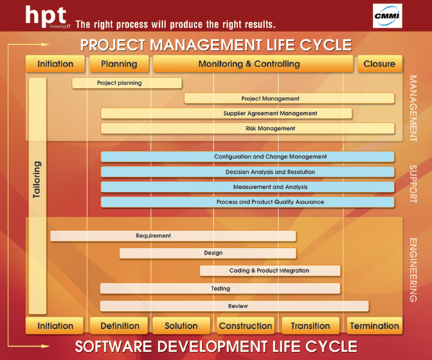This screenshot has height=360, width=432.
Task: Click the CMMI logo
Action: [388, 16]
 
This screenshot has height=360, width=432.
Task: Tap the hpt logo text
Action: [46, 16]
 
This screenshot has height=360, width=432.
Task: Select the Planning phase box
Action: [119, 64]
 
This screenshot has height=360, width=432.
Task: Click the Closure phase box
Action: [380, 64]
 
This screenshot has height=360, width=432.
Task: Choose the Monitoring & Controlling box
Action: [253, 64]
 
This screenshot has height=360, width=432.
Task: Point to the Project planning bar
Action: [127, 83]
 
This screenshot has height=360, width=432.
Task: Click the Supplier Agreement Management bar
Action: [226, 114]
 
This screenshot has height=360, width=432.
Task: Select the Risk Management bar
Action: [248, 128]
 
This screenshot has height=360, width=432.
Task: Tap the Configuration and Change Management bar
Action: [248, 156]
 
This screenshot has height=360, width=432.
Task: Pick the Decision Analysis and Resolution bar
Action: [248, 172]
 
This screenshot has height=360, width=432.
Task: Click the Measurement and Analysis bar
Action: [248, 187]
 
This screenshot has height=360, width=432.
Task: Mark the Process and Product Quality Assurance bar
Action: [248, 202]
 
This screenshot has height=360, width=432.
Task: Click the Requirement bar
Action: [173, 236]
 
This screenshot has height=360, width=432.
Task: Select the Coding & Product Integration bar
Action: [270, 271]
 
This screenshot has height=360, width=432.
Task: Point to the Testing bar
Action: [220, 289]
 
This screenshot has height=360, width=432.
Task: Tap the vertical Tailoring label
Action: [37, 179]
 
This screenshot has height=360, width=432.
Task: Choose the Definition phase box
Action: [119, 326]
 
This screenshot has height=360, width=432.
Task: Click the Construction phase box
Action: [246, 326]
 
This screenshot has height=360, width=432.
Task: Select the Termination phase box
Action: [375, 326]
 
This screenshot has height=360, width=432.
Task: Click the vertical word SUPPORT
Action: [413, 184]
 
